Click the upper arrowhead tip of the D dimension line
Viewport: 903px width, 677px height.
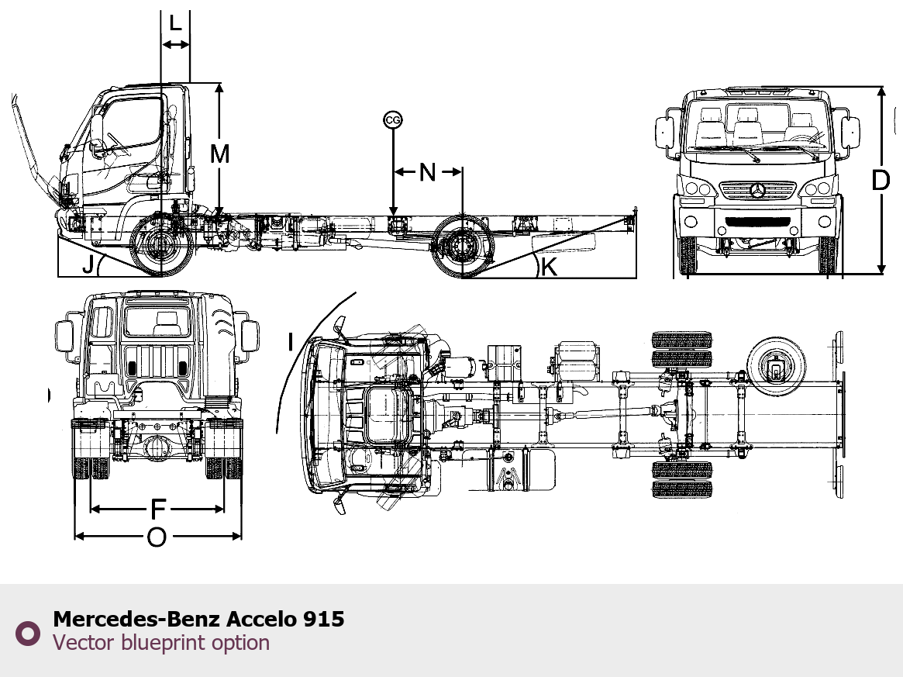[x=881, y=88]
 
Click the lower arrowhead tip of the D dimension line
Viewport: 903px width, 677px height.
[x=881, y=274]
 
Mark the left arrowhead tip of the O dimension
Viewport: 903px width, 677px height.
[x=75, y=537]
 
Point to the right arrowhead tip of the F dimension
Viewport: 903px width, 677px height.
[x=223, y=509]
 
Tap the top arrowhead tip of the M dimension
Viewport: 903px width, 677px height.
[x=219, y=84]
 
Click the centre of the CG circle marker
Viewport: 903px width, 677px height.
[x=393, y=120]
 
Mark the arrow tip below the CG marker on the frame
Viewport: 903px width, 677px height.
[x=393, y=216]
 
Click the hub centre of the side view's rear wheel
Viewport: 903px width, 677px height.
[x=462, y=247]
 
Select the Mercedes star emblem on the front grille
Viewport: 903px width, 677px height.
[x=758, y=190]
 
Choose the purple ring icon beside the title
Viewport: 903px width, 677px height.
[x=28, y=633]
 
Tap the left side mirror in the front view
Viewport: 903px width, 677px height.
[x=663, y=133]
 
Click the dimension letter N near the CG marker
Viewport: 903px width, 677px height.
[x=427, y=171]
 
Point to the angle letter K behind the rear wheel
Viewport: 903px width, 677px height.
[x=550, y=267]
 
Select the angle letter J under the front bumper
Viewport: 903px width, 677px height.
[x=88, y=264]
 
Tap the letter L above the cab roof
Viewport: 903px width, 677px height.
[x=176, y=23]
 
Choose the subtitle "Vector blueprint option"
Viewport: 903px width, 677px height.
[x=161, y=642]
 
